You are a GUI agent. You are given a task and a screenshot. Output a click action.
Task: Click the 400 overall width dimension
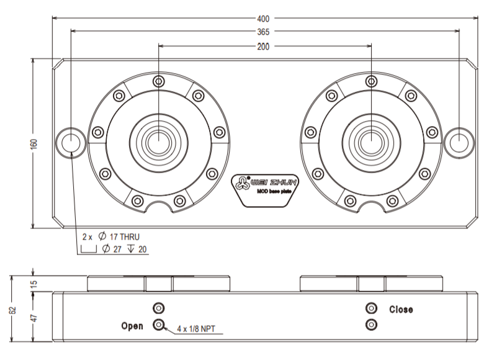coord(263,19)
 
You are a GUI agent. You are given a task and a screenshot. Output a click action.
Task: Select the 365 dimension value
coord(263,32)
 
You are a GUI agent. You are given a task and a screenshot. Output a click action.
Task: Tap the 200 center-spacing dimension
coord(263,47)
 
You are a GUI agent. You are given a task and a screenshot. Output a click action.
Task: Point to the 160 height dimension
coord(34,143)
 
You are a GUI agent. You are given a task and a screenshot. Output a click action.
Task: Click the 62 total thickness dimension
coord(13,310)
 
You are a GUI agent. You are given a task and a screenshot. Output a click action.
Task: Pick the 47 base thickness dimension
coord(34,318)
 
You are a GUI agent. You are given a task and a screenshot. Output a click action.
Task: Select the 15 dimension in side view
coord(34,284)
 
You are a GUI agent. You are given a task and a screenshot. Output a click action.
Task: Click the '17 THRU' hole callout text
coord(125,236)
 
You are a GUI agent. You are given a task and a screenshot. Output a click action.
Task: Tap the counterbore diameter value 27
coord(117,250)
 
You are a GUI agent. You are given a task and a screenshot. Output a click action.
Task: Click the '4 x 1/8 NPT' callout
coord(196,329)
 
